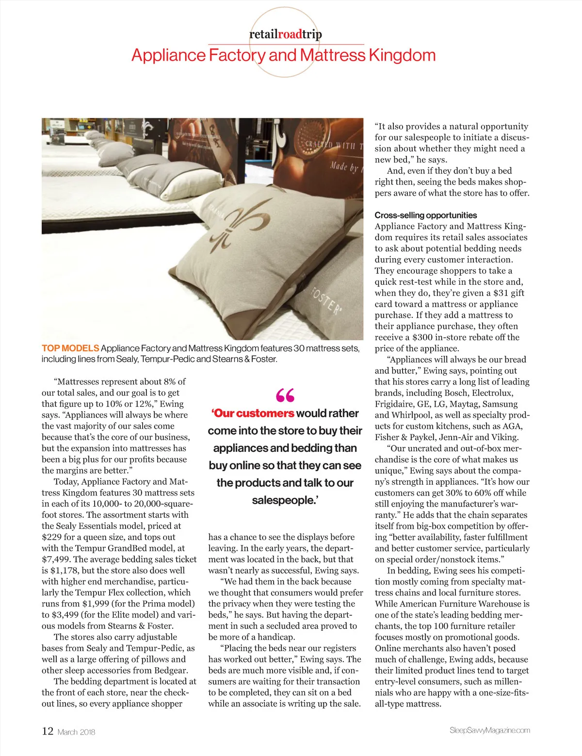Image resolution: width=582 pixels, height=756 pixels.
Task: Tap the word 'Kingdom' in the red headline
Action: pyautogui.click(x=402, y=55)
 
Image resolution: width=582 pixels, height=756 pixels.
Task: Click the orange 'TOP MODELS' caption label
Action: pyautogui.click(x=70, y=348)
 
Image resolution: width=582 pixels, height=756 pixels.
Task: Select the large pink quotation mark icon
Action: pyautogui.click(x=285, y=395)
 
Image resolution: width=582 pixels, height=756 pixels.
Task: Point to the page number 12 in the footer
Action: pyautogui.click(x=48, y=731)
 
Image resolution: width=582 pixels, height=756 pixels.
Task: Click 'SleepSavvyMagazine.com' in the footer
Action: pyautogui.click(x=489, y=730)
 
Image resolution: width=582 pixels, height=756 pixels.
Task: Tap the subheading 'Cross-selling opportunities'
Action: pyautogui.click(x=425, y=215)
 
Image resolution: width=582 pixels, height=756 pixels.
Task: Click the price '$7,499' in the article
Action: pyautogui.click(x=55, y=559)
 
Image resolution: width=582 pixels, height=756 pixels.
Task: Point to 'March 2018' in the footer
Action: pyautogui.click(x=76, y=732)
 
